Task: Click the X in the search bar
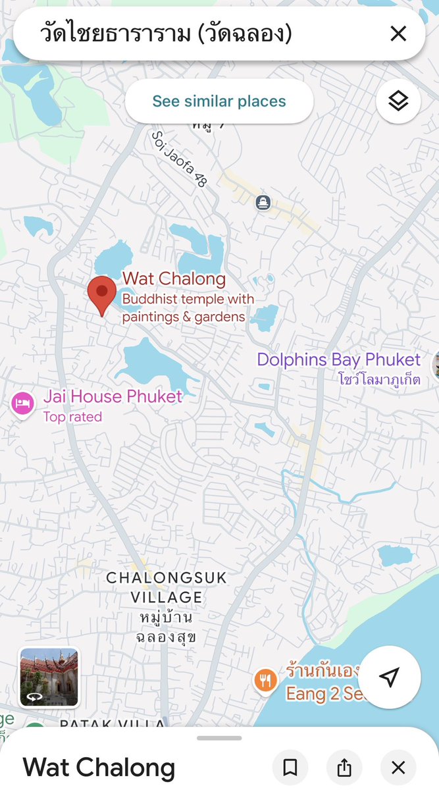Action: pos(398,34)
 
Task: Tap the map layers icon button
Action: pos(398,101)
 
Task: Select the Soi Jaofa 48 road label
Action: pos(179,158)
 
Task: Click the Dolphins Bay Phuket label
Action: pos(338,359)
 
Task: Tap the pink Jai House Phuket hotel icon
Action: pos(22,403)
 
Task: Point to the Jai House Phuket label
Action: pos(113,396)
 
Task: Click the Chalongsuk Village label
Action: pos(167,588)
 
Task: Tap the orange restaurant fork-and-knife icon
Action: pos(265,680)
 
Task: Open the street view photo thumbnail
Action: pos(49,677)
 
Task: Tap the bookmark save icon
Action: pos(290,768)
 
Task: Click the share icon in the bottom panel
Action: pos(344,768)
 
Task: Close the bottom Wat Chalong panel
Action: pos(398,768)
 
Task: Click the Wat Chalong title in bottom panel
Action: pos(99,768)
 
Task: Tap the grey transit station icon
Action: pos(263,202)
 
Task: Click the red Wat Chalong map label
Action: pos(174,279)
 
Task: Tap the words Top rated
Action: pos(72,417)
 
